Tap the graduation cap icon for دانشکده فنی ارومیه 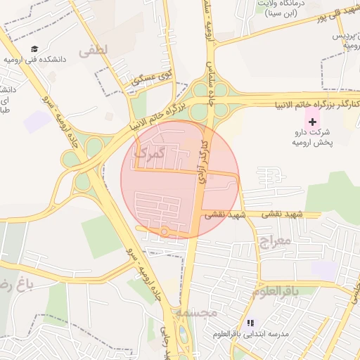click(x=34, y=49)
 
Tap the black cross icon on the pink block click(x=313, y=122)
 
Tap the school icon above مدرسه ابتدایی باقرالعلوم click(x=250, y=323)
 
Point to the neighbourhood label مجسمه click(x=192, y=312)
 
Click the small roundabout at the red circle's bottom click(x=165, y=231)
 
